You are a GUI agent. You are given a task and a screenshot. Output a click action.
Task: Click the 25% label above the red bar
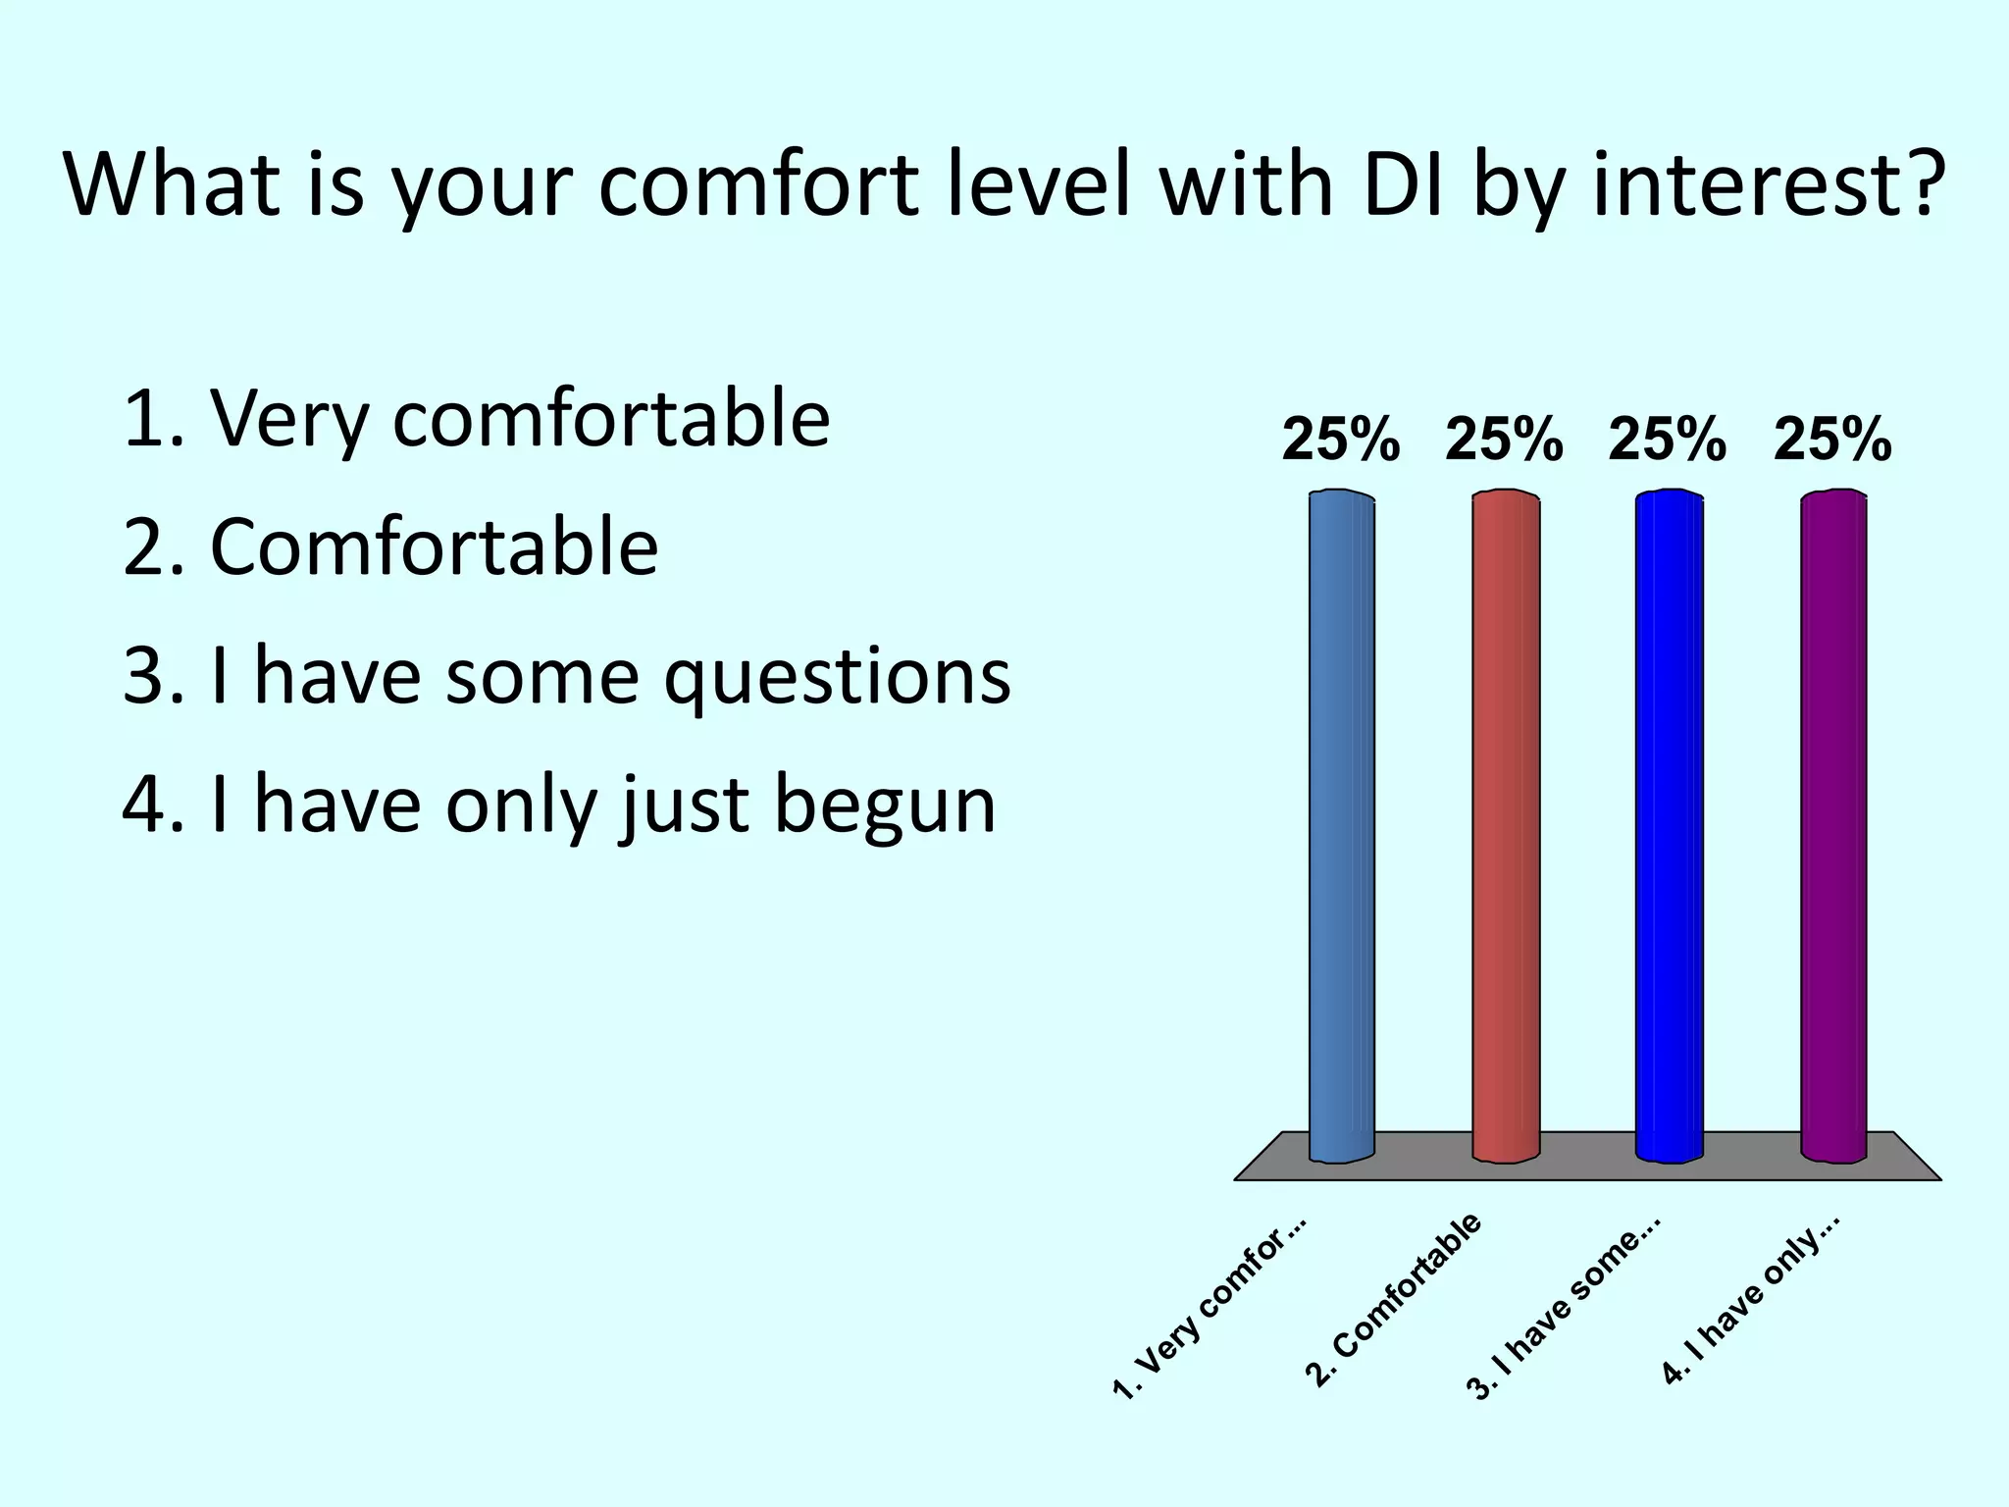[1504, 440]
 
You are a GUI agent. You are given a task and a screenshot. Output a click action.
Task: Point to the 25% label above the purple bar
[1831, 440]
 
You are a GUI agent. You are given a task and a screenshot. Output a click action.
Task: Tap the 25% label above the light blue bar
[1340, 440]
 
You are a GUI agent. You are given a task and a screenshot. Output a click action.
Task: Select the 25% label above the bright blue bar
[1667, 440]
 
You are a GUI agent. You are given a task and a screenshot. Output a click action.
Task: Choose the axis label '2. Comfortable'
[1393, 1300]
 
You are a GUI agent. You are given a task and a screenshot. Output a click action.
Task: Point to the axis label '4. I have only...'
[1751, 1300]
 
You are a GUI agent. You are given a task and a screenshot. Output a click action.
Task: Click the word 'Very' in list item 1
[289, 420]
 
